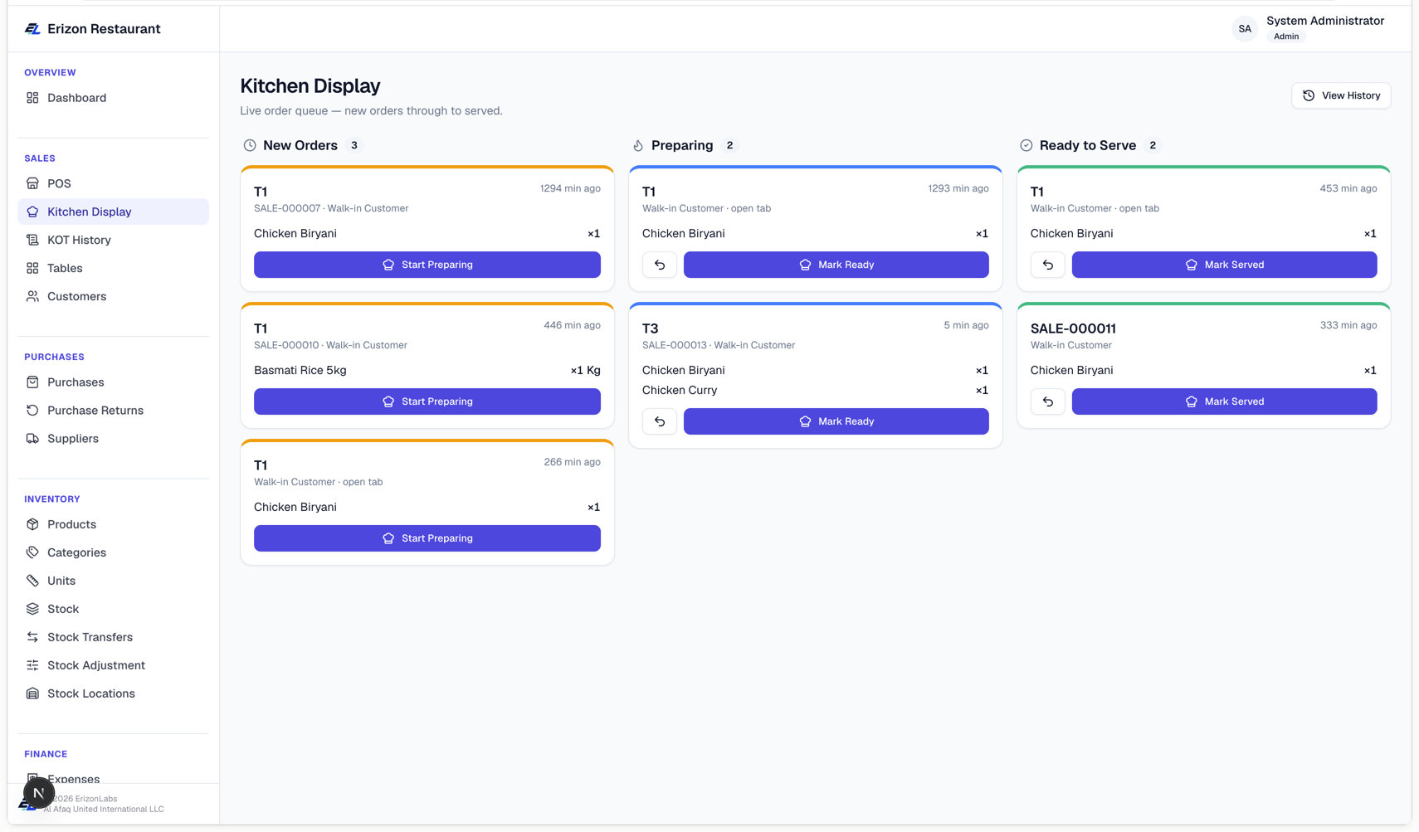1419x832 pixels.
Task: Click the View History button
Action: tap(1341, 95)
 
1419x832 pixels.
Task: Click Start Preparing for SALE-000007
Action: tap(427, 265)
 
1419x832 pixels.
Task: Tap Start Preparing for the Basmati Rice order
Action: tap(427, 401)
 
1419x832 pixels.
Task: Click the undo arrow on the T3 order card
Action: tap(660, 421)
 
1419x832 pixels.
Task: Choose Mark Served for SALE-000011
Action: tap(1224, 401)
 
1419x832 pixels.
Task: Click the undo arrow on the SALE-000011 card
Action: tap(1048, 401)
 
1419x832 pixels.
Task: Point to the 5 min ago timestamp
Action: tap(966, 325)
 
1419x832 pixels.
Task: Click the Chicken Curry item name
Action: tap(680, 391)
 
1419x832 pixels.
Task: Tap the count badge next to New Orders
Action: tap(354, 146)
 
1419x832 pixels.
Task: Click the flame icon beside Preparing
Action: tap(638, 146)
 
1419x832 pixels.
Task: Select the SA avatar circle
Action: tap(1245, 29)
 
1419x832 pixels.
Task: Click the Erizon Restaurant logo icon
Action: tap(32, 29)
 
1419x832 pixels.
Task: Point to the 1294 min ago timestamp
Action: tap(570, 188)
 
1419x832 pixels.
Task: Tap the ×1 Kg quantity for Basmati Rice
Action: tap(585, 371)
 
